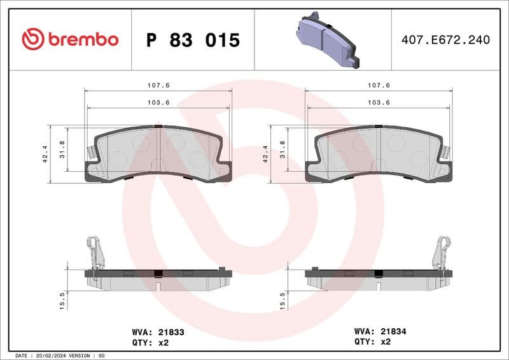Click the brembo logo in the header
[x=70, y=39]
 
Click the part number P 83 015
[x=193, y=40]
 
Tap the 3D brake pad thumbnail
[x=327, y=39]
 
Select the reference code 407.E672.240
[x=445, y=40]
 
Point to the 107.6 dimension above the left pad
[x=158, y=85]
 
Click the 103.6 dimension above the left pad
[x=158, y=103]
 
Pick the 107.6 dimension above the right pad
[x=379, y=85]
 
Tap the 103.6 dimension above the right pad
[x=379, y=103]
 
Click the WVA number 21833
[x=171, y=331]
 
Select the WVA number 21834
[x=393, y=331]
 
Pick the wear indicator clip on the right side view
[x=442, y=251]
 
